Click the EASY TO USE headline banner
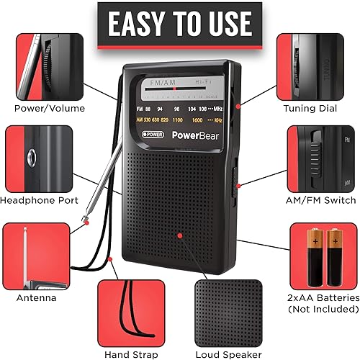click(x=179, y=24)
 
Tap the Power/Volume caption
click(x=49, y=109)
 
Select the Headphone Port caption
click(x=40, y=200)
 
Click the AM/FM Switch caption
click(x=320, y=199)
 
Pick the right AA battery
click(x=336, y=256)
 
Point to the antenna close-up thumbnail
click(x=35, y=256)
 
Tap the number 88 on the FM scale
click(x=149, y=109)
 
